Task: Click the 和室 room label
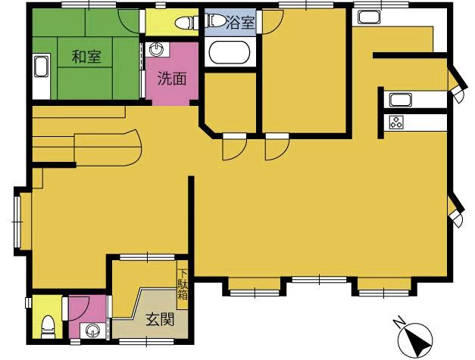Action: pyautogui.click(x=86, y=57)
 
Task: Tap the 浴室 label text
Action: pyautogui.click(x=241, y=23)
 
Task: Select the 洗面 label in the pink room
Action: pyautogui.click(x=172, y=79)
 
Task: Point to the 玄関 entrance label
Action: pyautogui.click(x=160, y=319)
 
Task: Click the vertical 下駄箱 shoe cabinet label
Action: pyautogui.click(x=183, y=284)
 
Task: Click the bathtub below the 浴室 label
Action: pyautogui.click(x=230, y=53)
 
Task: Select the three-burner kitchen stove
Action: pyautogui.click(x=396, y=123)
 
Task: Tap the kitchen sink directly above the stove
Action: pyautogui.click(x=401, y=100)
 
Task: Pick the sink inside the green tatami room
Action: pyautogui.click(x=41, y=67)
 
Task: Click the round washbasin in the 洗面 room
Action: pyautogui.click(x=157, y=49)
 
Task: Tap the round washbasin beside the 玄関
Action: pyautogui.click(x=92, y=331)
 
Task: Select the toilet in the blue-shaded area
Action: pyautogui.click(x=216, y=20)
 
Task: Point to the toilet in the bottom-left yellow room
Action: pyautogui.click(x=48, y=326)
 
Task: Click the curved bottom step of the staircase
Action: pyautogui.click(x=133, y=148)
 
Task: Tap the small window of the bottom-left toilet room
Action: pyautogui.click(x=28, y=303)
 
